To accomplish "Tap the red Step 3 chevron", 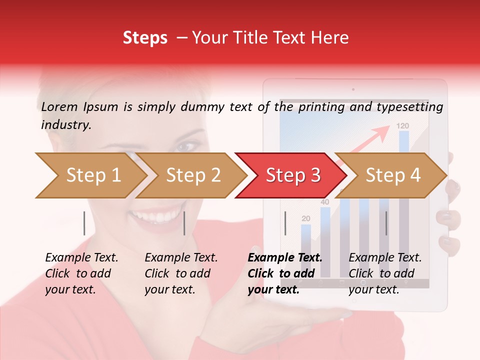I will [292, 175].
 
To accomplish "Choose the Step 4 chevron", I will [392, 175].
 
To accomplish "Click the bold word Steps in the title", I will [145, 38].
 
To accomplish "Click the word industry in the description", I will [65, 125].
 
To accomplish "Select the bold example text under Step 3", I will [284, 273].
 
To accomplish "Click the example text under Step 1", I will [81, 273].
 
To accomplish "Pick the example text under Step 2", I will [181, 273].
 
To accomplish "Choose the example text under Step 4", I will [385, 273].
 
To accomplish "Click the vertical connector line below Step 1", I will [84, 223].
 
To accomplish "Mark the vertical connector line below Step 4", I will [386, 223].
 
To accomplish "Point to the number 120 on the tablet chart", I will [403, 126].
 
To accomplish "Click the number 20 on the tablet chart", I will [306, 218].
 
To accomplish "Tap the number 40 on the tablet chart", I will [325, 202].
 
